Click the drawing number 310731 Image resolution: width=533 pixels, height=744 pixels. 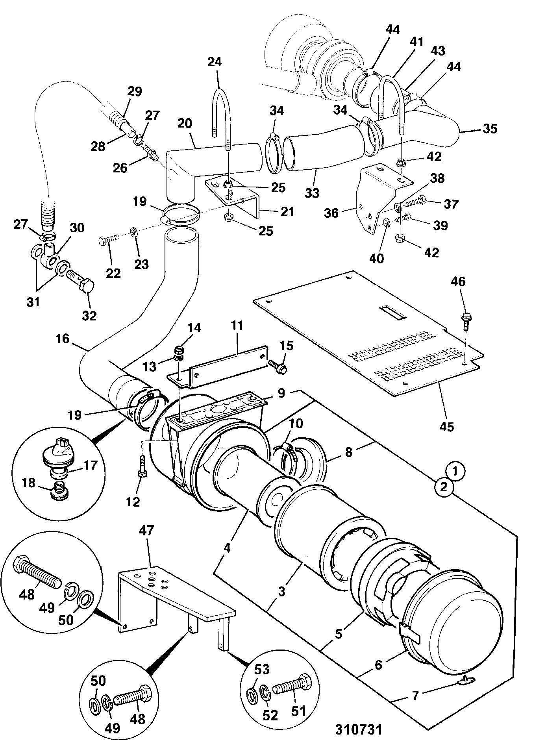[x=359, y=729]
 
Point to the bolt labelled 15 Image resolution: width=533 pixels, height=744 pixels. [x=278, y=366]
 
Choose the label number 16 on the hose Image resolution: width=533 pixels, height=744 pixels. [x=63, y=339]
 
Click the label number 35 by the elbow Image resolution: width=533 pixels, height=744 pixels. [x=490, y=129]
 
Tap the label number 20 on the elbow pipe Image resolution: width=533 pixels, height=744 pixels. [x=184, y=124]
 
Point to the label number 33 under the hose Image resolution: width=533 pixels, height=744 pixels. [x=312, y=193]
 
